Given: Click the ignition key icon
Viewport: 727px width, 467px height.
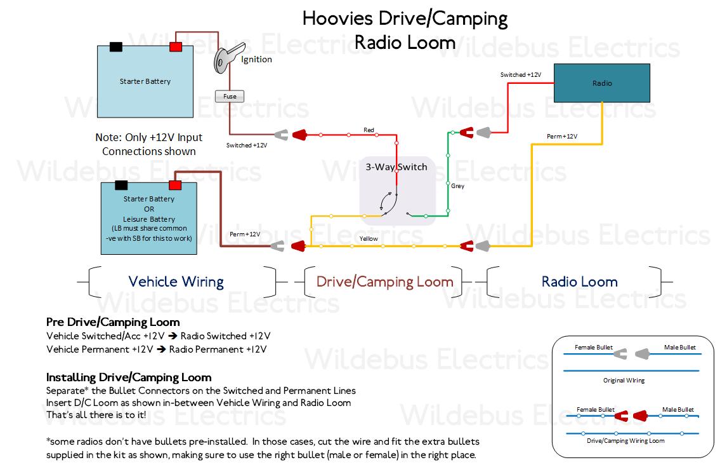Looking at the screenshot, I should click(228, 58).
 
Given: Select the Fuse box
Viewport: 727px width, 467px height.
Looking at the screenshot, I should click(230, 97).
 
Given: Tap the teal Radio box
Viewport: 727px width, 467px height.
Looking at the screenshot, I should click(602, 83).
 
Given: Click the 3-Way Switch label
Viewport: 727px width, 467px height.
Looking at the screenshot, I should click(396, 167).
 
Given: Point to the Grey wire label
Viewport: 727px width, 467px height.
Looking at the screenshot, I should click(457, 186).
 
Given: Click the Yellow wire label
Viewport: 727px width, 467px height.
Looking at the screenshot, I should click(369, 239).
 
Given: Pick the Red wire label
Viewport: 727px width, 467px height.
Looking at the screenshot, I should click(369, 130).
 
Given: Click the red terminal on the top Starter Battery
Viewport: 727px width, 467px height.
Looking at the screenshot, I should click(175, 47).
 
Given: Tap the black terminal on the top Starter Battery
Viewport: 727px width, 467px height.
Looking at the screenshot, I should click(116, 47).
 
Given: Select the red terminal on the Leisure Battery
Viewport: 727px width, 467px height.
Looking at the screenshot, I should click(174, 186).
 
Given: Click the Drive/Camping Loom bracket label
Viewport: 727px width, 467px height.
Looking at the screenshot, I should click(384, 281).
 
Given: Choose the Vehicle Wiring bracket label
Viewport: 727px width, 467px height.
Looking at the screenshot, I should click(176, 281).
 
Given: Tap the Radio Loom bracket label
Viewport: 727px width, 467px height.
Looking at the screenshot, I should click(579, 281).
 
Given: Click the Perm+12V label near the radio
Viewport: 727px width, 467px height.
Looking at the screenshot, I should click(562, 137).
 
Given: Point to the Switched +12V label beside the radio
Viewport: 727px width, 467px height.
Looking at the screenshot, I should click(521, 75).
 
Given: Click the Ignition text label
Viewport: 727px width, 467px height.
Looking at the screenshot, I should click(256, 60).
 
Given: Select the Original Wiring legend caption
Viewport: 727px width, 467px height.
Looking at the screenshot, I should click(624, 381).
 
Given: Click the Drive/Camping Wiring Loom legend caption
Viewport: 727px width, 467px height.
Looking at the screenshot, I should click(625, 440).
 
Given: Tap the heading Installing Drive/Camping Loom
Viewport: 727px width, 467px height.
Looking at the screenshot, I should click(129, 377).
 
